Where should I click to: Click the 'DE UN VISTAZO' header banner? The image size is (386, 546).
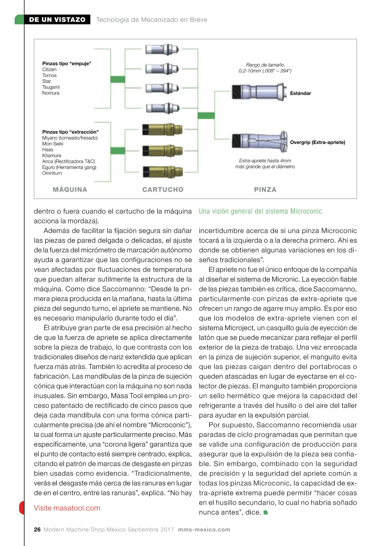click(57, 20)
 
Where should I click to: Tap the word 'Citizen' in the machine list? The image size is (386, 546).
click(49, 69)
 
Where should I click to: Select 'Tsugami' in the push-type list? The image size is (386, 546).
click(51, 87)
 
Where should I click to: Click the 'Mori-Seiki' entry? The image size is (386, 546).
click(53, 144)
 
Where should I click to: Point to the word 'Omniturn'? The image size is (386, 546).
click(52, 173)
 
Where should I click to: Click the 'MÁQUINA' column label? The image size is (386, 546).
click(70, 190)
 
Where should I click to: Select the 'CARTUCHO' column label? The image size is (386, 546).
click(163, 190)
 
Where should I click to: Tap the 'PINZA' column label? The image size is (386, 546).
click(265, 190)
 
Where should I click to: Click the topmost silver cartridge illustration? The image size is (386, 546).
click(162, 50)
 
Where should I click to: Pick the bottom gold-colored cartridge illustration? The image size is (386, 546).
click(162, 171)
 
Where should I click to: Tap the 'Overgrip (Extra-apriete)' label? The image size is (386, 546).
click(317, 142)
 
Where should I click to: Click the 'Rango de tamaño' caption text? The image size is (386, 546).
click(265, 65)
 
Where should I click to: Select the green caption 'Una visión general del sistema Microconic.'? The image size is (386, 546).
click(261, 211)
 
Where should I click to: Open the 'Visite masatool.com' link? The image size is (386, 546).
click(67, 508)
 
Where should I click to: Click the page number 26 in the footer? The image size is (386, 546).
click(37, 530)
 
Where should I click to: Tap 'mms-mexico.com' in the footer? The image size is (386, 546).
click(204, 530)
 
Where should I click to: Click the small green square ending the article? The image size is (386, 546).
click(266, 513)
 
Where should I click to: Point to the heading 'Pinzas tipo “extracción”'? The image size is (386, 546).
click(70, 132)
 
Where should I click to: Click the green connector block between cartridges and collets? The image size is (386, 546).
click(206, 115)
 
